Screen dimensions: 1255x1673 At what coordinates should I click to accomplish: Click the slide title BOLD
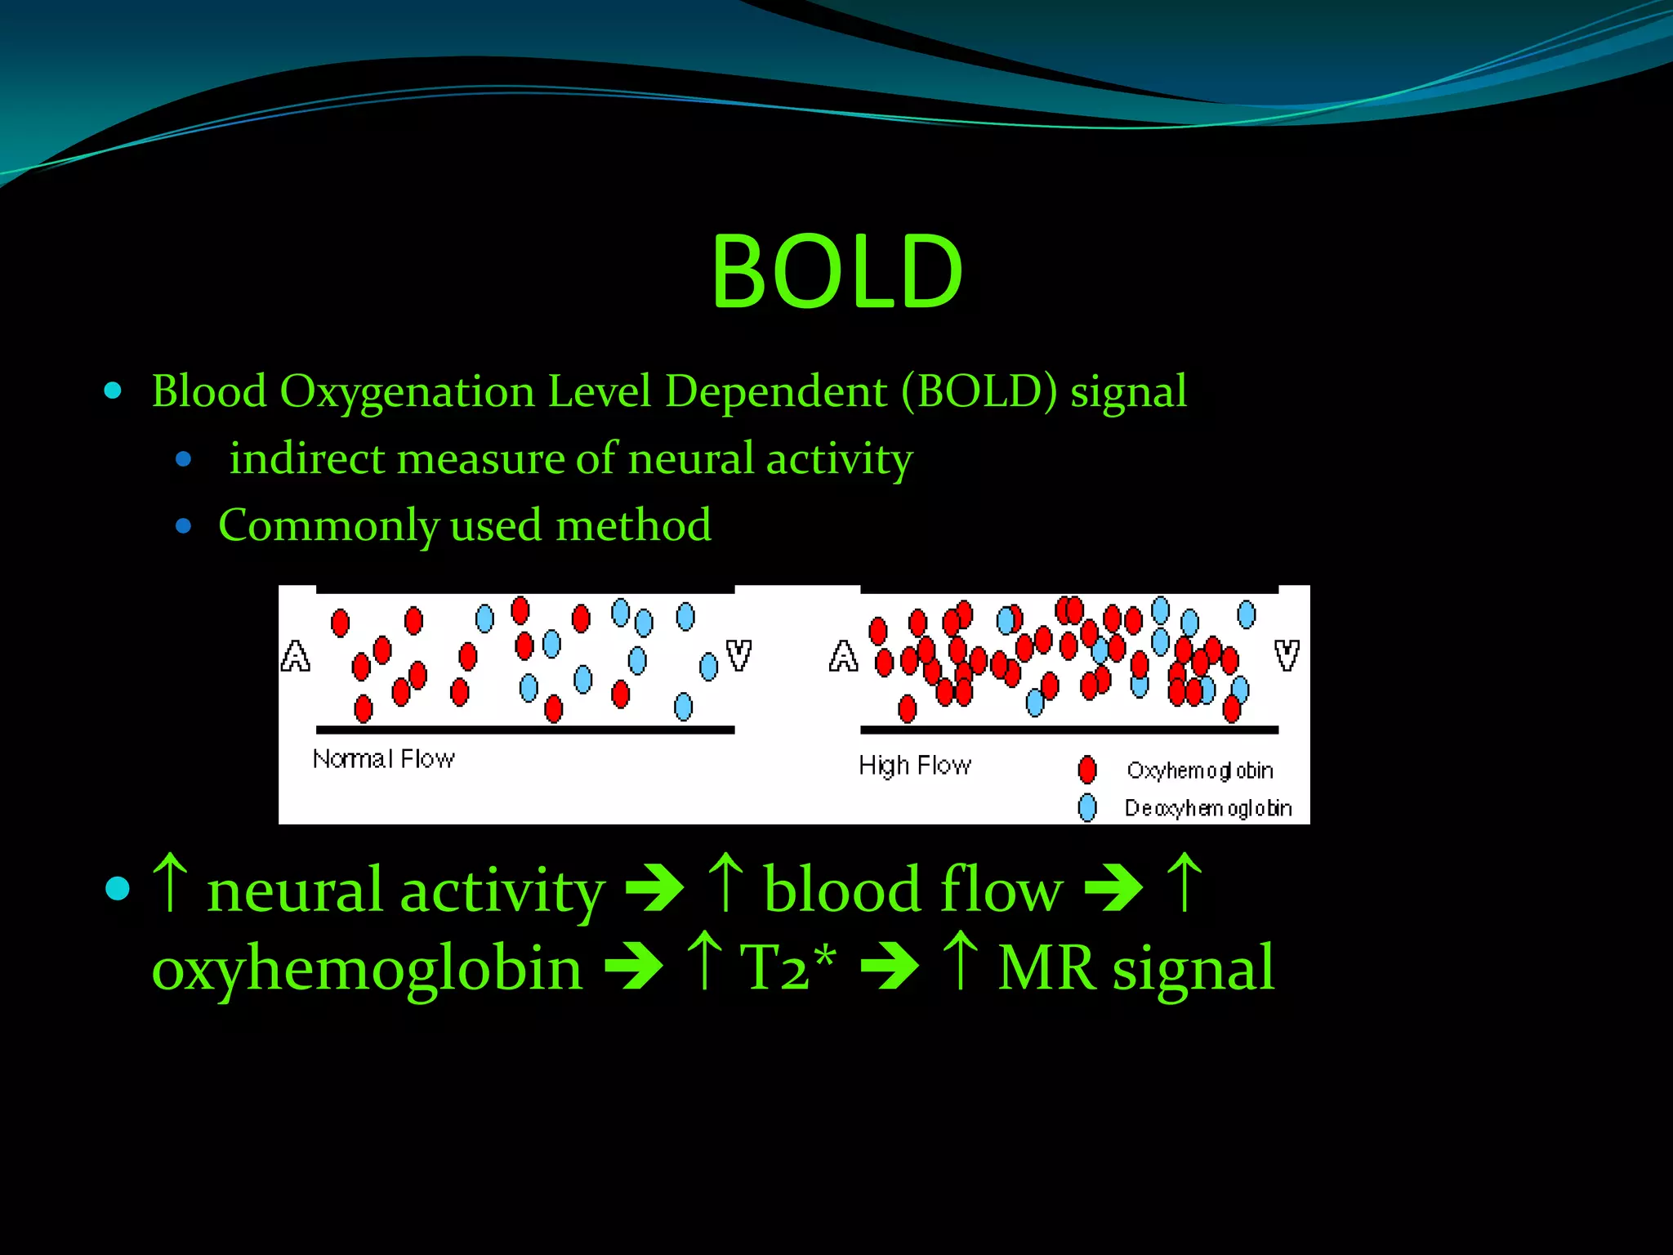coord(836,271)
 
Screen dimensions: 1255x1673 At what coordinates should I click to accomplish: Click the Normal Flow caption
coord(383,759)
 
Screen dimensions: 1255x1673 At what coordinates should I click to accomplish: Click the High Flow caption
coord(914,766)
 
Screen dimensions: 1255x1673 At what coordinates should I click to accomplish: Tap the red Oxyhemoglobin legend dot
coord(1086,770)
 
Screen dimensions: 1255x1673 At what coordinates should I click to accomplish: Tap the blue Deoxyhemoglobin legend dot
coord(1086,808)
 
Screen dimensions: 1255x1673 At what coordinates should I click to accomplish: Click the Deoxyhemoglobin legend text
coord(1207,808)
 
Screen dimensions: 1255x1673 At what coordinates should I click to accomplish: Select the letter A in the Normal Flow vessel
coord(295,656)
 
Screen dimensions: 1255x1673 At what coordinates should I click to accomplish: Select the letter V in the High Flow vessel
coord(1287,655)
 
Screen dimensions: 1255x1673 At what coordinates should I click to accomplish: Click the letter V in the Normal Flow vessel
coord(738,655)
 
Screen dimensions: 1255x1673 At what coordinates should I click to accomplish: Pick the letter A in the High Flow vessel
coord(843,656)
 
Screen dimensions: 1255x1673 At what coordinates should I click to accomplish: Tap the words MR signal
coord(1135,968)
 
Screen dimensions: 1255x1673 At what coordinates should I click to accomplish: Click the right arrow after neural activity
coord(654,888)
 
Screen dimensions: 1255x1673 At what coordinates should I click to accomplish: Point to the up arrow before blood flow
coord(725,882)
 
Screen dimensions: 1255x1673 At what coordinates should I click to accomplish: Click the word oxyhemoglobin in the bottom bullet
coord(367,968)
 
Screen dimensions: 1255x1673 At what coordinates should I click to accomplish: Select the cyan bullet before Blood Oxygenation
coord(114,391)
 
